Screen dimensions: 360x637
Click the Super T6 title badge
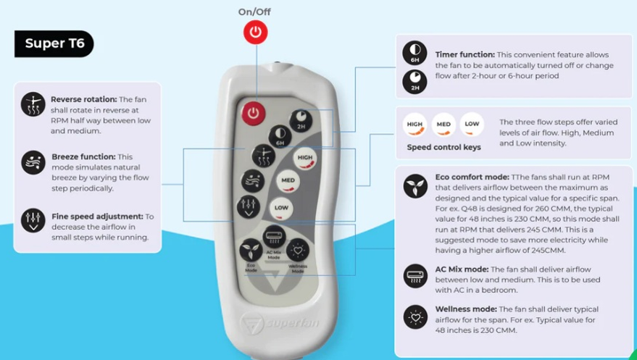click(x=54, y=43)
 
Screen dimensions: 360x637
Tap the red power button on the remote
click(x=253, y=112)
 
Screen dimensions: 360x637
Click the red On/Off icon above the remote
click(x=254, y=32)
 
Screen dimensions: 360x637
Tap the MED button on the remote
click(x=288, y=180)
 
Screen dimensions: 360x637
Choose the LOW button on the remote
click(x=281, y=208)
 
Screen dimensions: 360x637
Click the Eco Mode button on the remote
click(x=251, y=250)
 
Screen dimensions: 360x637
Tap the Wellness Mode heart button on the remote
click(x=297, y=251)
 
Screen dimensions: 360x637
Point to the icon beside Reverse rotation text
click(x=33, y=105)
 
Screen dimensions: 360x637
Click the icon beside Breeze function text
click(x=33, y=162)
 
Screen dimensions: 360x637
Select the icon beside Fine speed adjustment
click(x=33, y=220)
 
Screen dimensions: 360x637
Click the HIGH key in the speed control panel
click(x=415, y=125)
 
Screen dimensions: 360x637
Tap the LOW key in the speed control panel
click(x=472, y=125)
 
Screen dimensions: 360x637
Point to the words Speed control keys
click(x=443, y=147)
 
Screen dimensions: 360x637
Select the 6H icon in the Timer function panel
click(x=415, y=54)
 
